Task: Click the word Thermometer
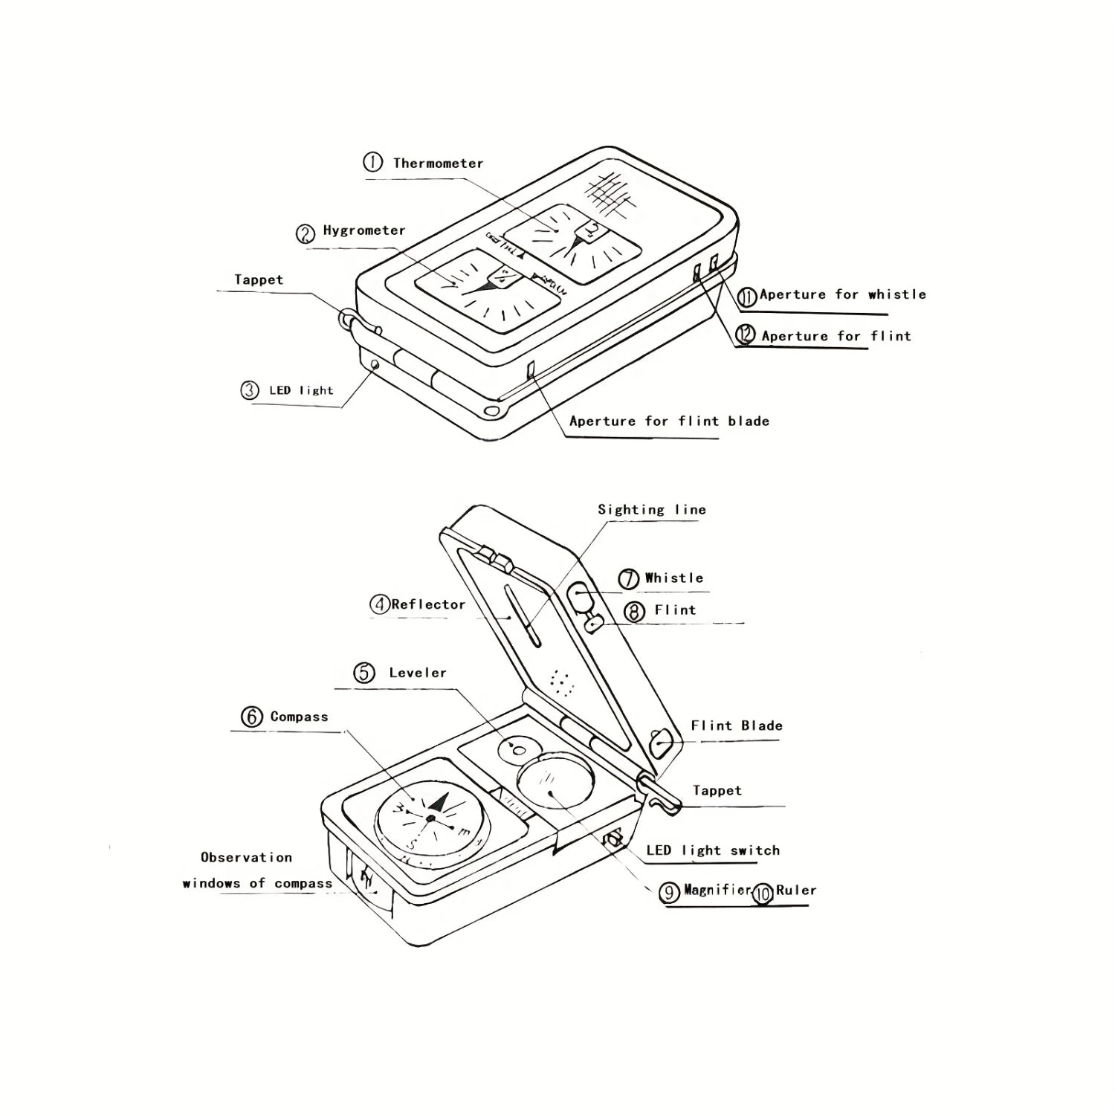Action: coord(438,164)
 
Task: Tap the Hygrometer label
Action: coord(364,230)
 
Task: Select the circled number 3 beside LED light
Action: coord(250,390)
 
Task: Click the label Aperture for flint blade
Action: coord(669,421)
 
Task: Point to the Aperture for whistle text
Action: coord(843,294)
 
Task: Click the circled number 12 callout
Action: coord(746,335)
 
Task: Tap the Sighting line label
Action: coord(652,510)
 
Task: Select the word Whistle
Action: coord(674,578)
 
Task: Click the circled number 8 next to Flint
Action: coord(634,612)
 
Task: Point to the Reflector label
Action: coord(428,605)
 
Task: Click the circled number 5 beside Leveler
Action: coord(364,673)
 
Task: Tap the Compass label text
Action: coord(299,717)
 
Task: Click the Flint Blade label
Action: coord(737,726)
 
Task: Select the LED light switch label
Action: coord(713,850)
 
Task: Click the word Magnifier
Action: coord(718,890)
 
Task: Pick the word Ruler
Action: coord(796,890)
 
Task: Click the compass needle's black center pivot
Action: coord(430,818)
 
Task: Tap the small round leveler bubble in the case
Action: coord(519,749)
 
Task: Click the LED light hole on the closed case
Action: coord(375,364)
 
